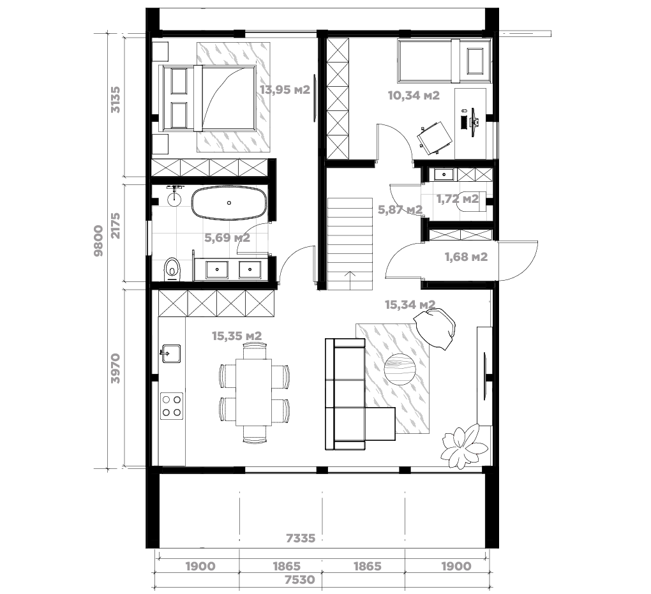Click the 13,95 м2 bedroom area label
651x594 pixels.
[285, 90]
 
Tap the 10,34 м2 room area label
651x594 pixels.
[414, 96]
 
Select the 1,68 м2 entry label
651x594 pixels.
[466, 257]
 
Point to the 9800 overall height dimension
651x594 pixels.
[98, 241]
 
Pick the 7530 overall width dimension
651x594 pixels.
[300, 579]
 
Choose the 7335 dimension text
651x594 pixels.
[301, 538]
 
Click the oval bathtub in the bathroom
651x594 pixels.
[228, 203]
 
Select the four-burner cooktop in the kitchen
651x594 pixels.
[172, 406]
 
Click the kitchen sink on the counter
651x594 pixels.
[170, 353]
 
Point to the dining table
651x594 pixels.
[253, 392]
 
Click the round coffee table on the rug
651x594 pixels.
[400, 370]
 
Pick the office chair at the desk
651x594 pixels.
[434, 137]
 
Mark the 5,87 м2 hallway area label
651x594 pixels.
[400, 210]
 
